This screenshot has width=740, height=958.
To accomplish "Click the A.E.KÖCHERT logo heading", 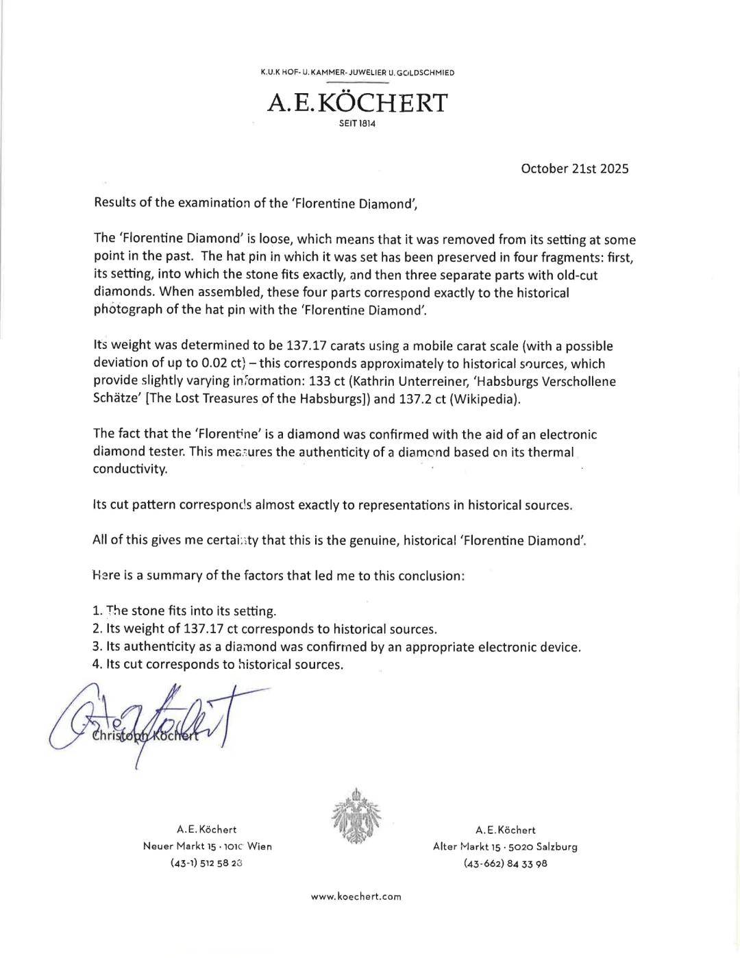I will [357, 103].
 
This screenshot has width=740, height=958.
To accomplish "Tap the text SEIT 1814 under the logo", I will [357, 124].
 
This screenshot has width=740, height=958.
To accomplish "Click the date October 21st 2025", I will [574, 169].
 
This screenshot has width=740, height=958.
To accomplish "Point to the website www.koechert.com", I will [356, 896].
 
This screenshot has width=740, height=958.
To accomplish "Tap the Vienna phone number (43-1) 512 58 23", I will [206, 863].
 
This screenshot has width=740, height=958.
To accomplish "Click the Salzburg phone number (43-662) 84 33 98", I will [505, 863].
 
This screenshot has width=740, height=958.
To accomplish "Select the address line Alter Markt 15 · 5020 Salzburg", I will [505, 846].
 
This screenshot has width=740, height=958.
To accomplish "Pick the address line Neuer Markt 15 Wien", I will [207, 846].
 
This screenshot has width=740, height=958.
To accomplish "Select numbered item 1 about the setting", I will [184, 611].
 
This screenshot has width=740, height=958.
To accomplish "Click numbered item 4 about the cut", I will [218, 664].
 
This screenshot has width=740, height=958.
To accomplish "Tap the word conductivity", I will [129, 469].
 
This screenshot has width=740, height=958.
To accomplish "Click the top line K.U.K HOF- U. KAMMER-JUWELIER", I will [357, 73].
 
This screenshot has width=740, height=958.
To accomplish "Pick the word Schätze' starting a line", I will [117, 399].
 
